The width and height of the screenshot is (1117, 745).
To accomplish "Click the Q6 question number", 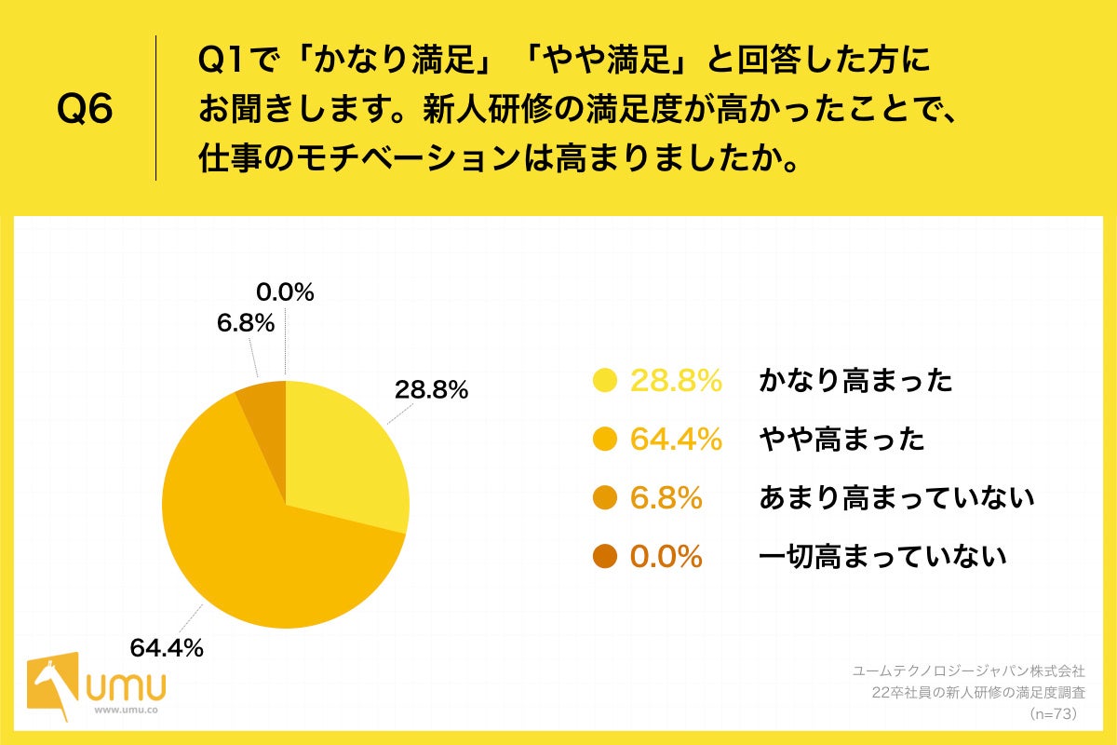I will (86, 110).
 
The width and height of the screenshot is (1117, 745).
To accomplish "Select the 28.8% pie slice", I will (344, 456).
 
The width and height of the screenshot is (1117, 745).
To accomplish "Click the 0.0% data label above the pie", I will (286, 292).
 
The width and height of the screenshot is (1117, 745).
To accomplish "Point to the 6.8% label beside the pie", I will (246, 324).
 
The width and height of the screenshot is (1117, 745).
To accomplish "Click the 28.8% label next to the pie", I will (430, 391).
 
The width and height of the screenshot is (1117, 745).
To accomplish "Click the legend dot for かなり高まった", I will (606, 381).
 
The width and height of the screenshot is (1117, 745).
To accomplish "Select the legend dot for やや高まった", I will (606, 440).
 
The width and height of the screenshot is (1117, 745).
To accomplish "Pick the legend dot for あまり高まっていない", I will (606, 498).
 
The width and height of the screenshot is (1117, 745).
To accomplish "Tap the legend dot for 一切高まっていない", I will (606, 557).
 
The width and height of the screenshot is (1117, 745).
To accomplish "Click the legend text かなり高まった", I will (855, 381).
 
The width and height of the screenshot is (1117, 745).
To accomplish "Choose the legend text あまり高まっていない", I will (896, 498).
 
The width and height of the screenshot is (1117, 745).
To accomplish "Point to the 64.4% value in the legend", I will (677, 440).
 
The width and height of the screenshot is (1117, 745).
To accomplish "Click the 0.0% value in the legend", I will (666, 557).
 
